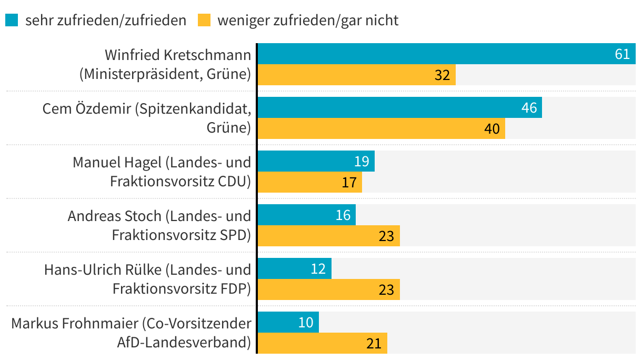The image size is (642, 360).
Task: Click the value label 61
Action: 622,54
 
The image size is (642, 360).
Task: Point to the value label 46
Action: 529,107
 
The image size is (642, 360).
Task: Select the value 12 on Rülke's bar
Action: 318,269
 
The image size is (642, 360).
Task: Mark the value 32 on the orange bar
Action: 442,75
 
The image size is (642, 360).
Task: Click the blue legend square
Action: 12,20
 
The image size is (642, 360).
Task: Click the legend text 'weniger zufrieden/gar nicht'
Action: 308,20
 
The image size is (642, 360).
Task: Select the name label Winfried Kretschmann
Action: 178,55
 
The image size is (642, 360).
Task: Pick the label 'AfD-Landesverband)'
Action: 184,342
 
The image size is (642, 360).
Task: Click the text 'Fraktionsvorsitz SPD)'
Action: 181,235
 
